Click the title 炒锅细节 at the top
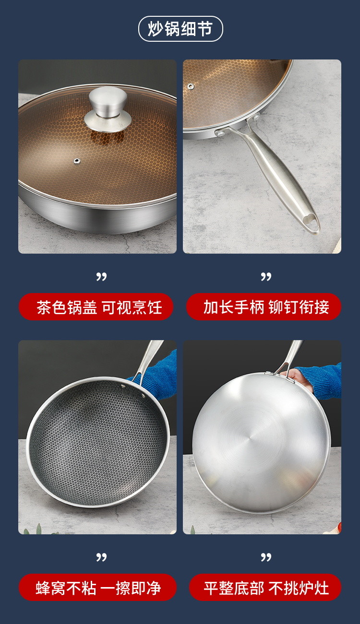click(180, 29)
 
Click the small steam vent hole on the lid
click(76, 161)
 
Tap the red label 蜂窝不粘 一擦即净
click(97, 587)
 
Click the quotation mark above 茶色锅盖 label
click(101, 277)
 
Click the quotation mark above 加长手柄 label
click(266, 277)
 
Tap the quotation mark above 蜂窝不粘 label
click(101, 557)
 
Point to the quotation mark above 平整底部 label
click(266, 557)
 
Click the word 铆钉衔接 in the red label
click(299, 307)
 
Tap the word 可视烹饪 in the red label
click(132, 307)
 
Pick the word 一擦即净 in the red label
click(130, 588)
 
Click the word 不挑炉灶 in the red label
click(299, 588)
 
